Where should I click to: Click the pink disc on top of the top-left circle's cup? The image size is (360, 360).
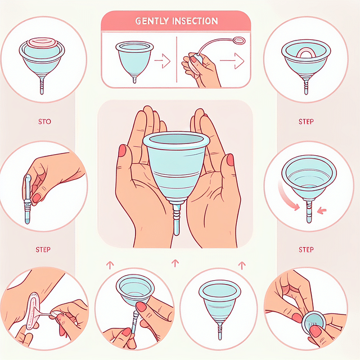42,43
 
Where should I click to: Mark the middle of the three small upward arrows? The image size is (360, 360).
175,263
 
